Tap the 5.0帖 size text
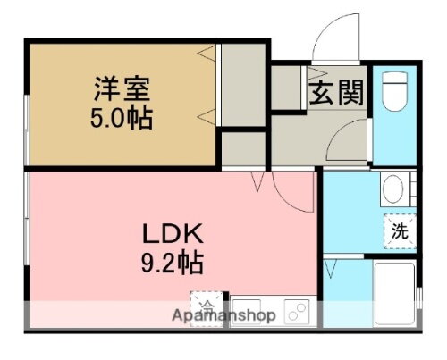pyautogui.click(x=123, y=116)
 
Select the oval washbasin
pyautogui.click(x=392, y=189)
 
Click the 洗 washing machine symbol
pyautogui.click(x=400, y=230)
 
